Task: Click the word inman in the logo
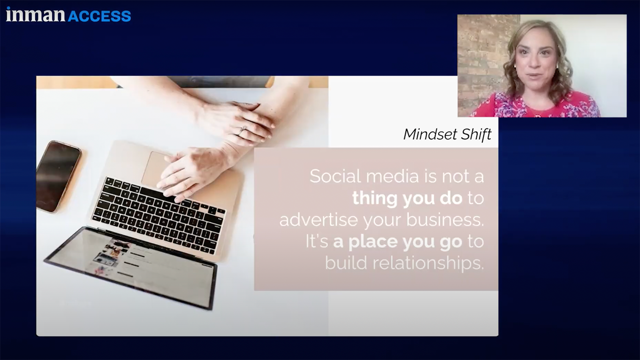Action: tap(35, 15)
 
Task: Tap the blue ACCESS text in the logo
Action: tap(99, 16)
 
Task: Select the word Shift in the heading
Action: tap(476, 134)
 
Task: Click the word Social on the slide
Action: tap(335, 176)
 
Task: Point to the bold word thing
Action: tap(375, 198)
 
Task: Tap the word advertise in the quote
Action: tap(318, 220)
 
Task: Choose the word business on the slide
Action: tap(445, 220)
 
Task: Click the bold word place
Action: tap(373, 242)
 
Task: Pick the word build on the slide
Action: tap(346, 263)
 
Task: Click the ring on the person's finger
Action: tap(242, 130)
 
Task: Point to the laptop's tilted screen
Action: tap(132, 266)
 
